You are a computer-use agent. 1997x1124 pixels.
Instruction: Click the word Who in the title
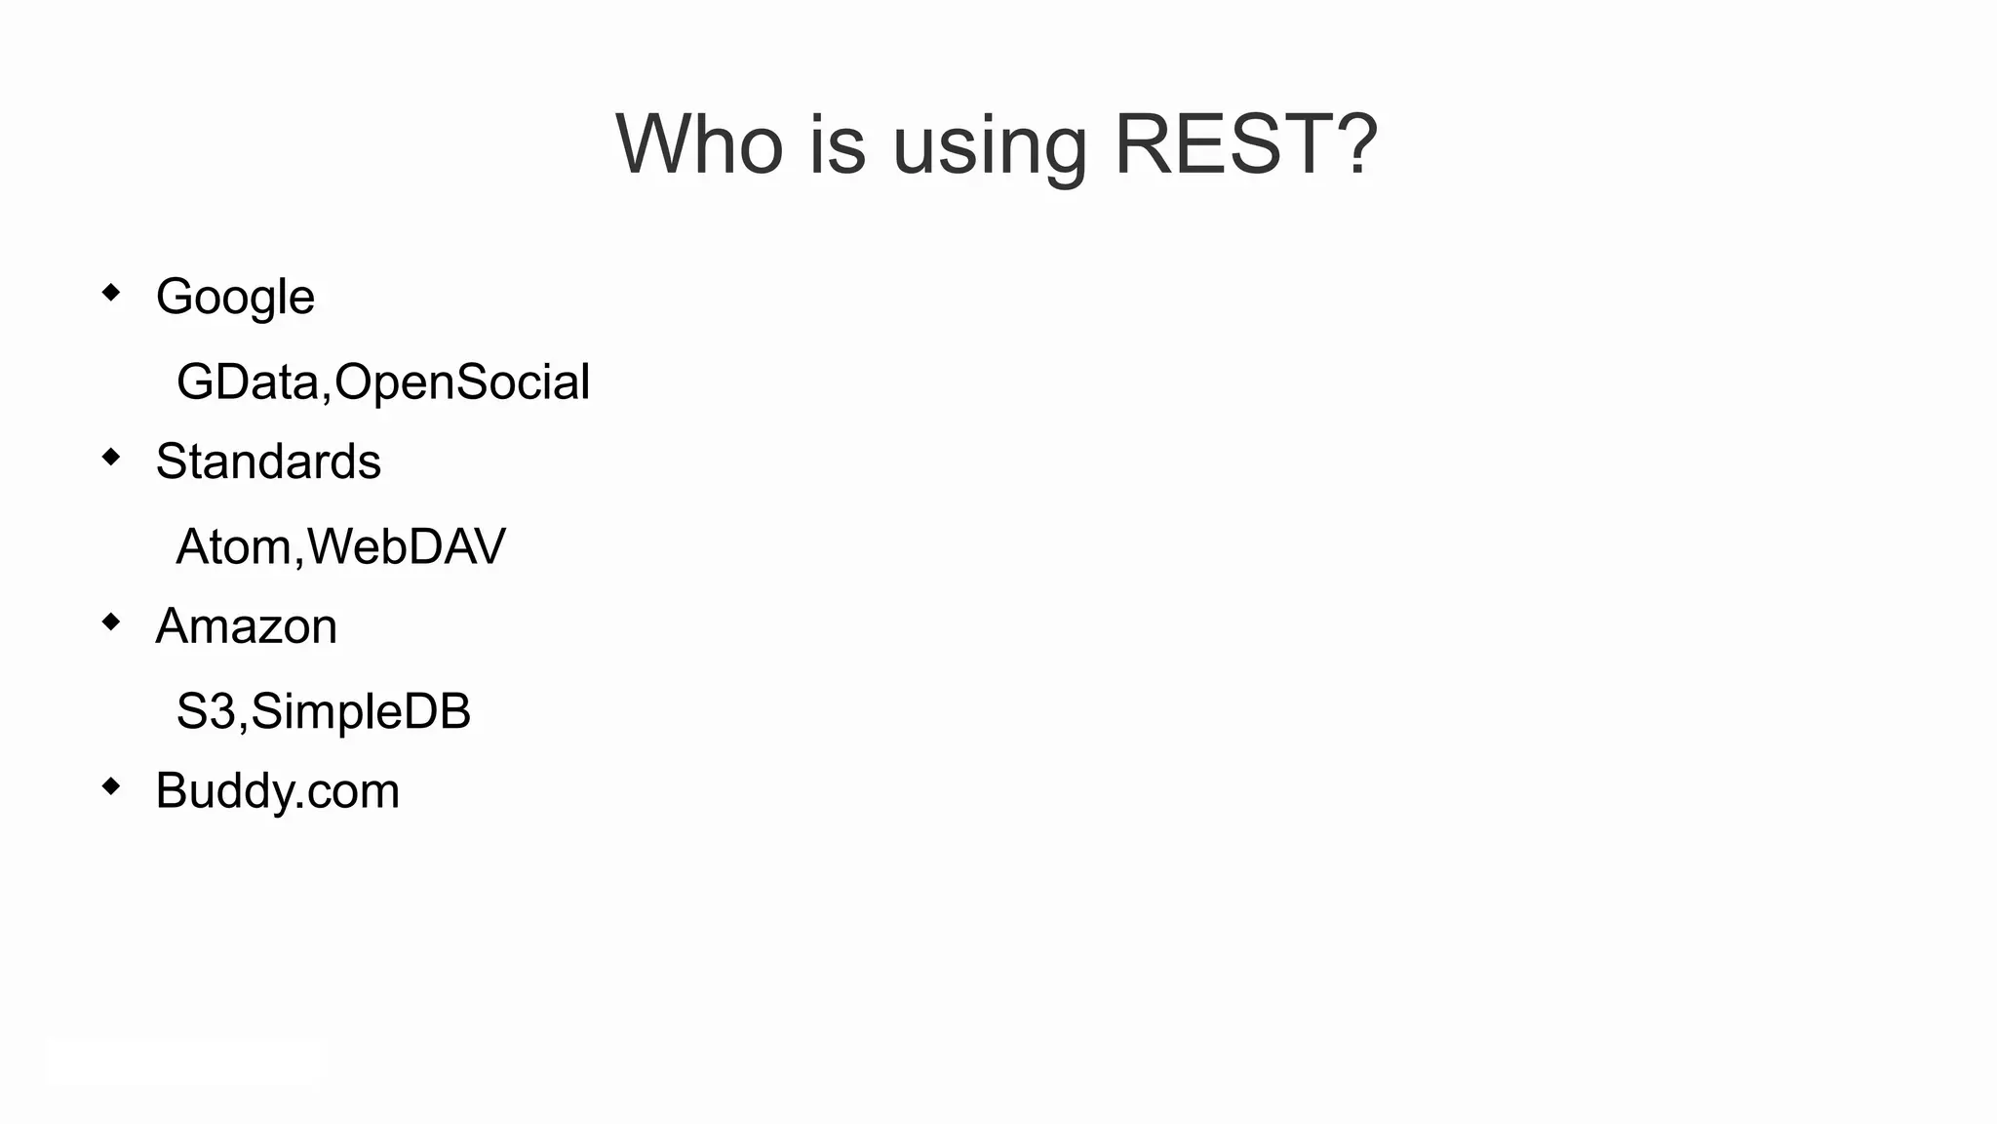click(699, 144)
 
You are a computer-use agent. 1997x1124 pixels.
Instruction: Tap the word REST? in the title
click(1245, 144)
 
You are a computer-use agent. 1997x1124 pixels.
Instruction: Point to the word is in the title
click(837, 144)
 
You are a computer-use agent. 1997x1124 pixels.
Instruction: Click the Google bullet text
click(235, 297)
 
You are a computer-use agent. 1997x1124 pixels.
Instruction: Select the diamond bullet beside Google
click(111, 292)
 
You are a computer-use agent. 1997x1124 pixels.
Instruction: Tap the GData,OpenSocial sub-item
click(382, 381)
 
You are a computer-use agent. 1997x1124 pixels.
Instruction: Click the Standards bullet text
click(268, 462)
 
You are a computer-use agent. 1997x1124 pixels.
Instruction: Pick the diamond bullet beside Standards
click(111, 457)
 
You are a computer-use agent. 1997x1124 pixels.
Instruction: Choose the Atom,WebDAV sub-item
click(340, 546)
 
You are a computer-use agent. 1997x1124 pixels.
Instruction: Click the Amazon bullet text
click(246, 626)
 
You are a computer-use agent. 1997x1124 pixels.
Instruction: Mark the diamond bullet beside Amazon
click(111, 622)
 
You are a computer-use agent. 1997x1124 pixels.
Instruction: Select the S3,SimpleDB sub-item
click(323, 711)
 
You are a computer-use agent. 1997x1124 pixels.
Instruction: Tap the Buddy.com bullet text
click(277, 790)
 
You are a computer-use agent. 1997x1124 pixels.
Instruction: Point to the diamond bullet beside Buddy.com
click(111, 785)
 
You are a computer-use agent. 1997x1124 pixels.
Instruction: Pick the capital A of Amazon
click(174, 626)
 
